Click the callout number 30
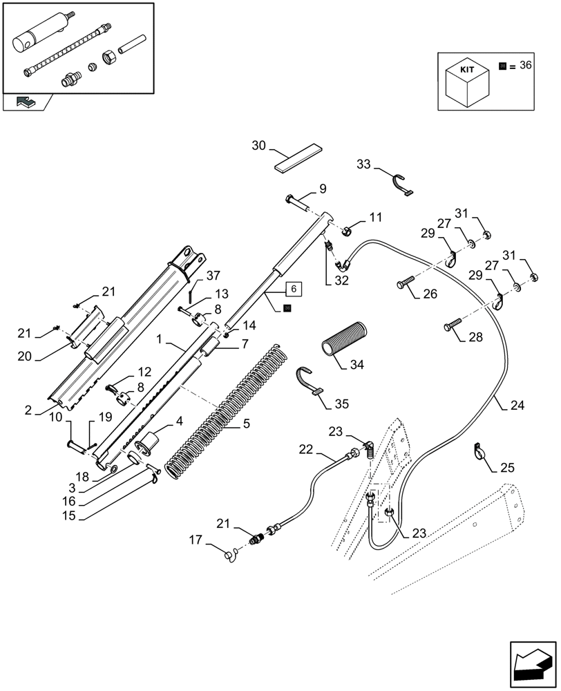258,145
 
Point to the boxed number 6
292,288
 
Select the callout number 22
305,449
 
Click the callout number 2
27,410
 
